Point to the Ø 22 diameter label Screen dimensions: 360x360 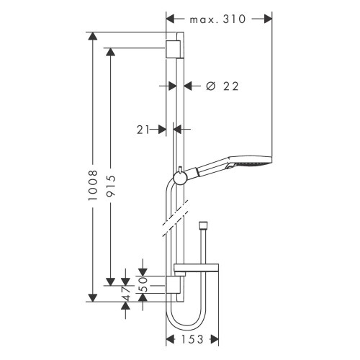tap(221, 86)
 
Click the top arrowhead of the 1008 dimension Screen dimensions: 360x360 tap(91, 37)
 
